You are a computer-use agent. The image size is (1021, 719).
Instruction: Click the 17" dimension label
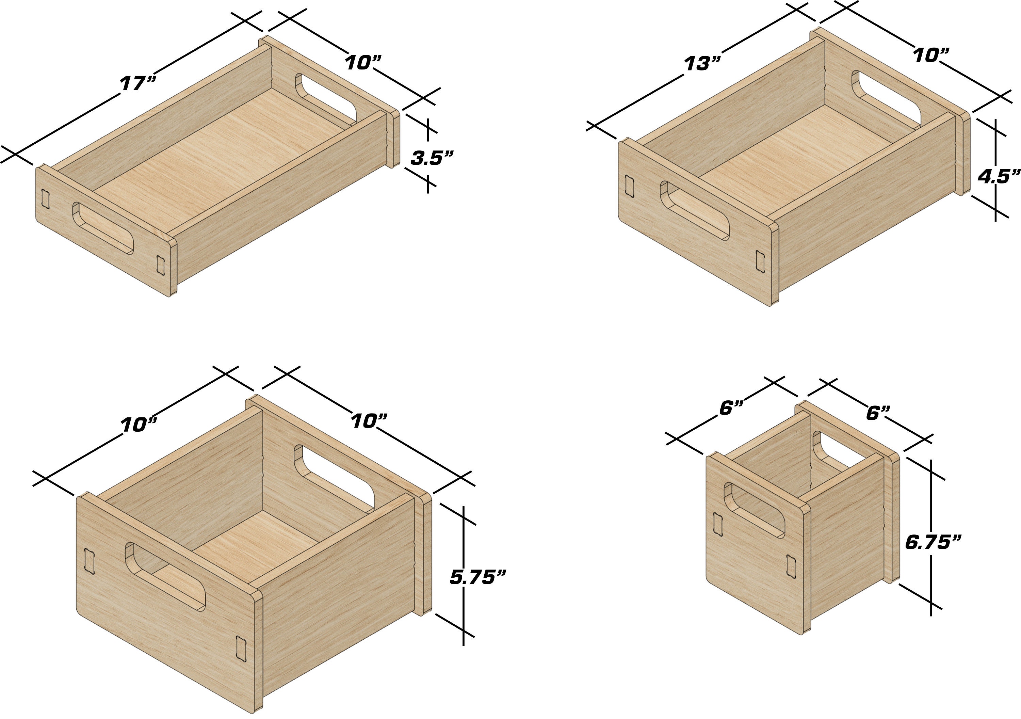pos(138,83)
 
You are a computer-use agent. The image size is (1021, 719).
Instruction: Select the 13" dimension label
pos(702,64)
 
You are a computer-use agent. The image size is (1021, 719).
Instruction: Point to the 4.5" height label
pos(998,177)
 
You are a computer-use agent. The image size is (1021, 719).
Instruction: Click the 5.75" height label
pos(477,577)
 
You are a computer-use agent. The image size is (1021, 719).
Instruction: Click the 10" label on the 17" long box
pos(363,63)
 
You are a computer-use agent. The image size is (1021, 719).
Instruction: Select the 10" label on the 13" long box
pos(931,55)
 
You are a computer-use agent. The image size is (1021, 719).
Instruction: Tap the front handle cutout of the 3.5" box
pos(103,228)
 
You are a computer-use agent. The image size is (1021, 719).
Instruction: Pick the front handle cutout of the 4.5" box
pos(694,216)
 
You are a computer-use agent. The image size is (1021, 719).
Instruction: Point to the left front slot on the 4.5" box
pos(629,186)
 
